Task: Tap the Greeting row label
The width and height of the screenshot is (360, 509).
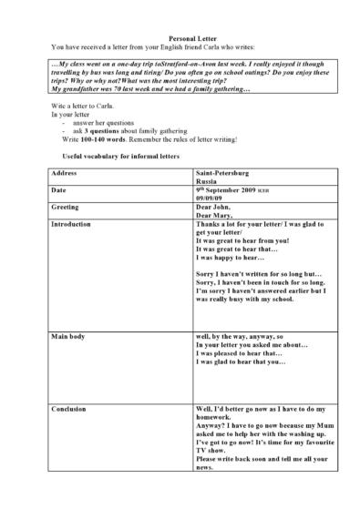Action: tap(67, 208)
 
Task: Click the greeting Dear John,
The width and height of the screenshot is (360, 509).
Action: tap(214, 208)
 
